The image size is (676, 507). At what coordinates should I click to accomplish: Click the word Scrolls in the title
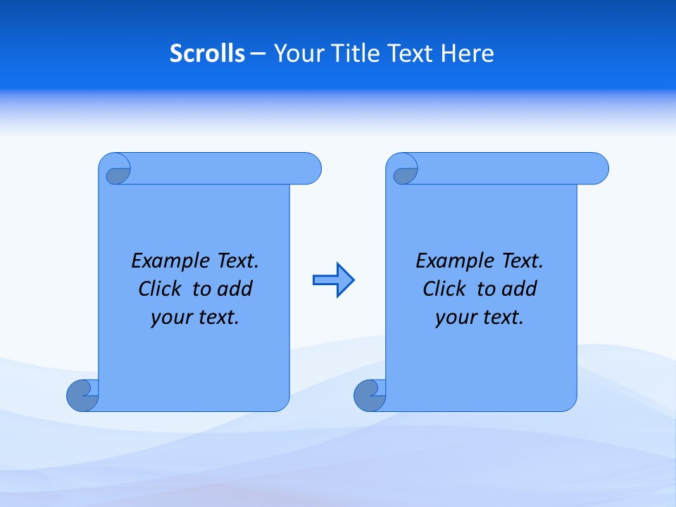pyautogui.click(x=208, y=54)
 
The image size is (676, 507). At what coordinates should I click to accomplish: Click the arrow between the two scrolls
pyautogui.click(x=333, y=280)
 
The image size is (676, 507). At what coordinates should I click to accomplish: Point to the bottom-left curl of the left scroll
pyautogui.click(x=82, y=395)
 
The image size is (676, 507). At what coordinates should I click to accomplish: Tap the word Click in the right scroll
pyautogui.click(x=444, y=289)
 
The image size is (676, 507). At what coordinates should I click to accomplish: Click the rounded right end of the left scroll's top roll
pyautogui.click(x=311, y=168)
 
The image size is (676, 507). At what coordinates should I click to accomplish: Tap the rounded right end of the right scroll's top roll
pyautogui.click(x=598, y=168)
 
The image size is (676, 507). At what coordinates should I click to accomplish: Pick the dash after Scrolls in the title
pyautogui.click(x=258, y=54)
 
